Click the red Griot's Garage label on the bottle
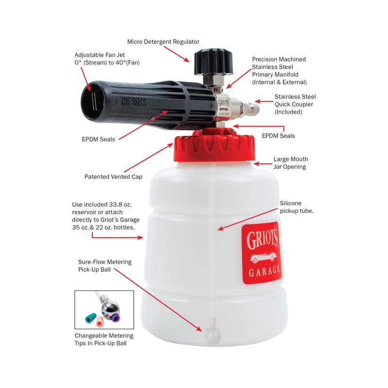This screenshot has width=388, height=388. (260, 254)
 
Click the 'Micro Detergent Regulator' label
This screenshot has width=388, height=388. (163, 42)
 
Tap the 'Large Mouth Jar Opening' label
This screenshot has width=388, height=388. (291, 163)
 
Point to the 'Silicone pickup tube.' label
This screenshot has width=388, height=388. (296, 207)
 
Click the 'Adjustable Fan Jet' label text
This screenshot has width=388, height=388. (100, 55)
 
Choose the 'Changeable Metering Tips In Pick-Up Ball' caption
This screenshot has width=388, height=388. (104, 339)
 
